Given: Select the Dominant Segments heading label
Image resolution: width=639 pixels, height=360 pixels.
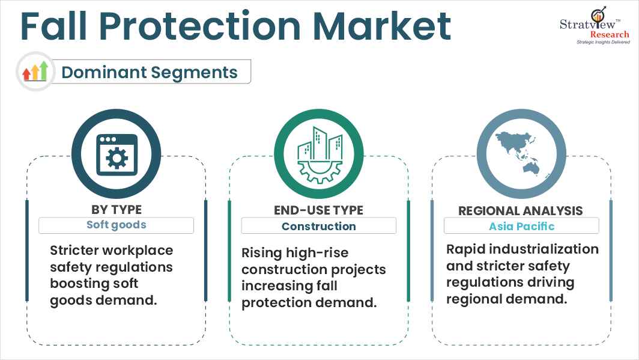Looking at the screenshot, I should (x=150, y=72).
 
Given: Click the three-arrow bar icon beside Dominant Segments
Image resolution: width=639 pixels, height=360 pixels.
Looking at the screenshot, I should (x=35, y=72).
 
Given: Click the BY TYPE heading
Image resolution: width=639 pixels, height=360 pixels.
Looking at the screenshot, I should (x=116, y=209).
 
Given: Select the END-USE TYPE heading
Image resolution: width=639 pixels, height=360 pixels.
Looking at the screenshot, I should (x=318, y=209).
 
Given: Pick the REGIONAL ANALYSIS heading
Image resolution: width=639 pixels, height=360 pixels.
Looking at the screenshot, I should (x=521, y=210).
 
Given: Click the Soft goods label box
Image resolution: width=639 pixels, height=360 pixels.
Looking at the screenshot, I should (x=116, y=225).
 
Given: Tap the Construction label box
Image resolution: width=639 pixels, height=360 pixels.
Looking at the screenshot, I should (x=318, y=226).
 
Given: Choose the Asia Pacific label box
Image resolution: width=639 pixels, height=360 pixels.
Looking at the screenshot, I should (x=521, y=226).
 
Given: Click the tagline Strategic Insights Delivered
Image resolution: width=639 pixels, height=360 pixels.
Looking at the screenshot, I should (x=602, y=43).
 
